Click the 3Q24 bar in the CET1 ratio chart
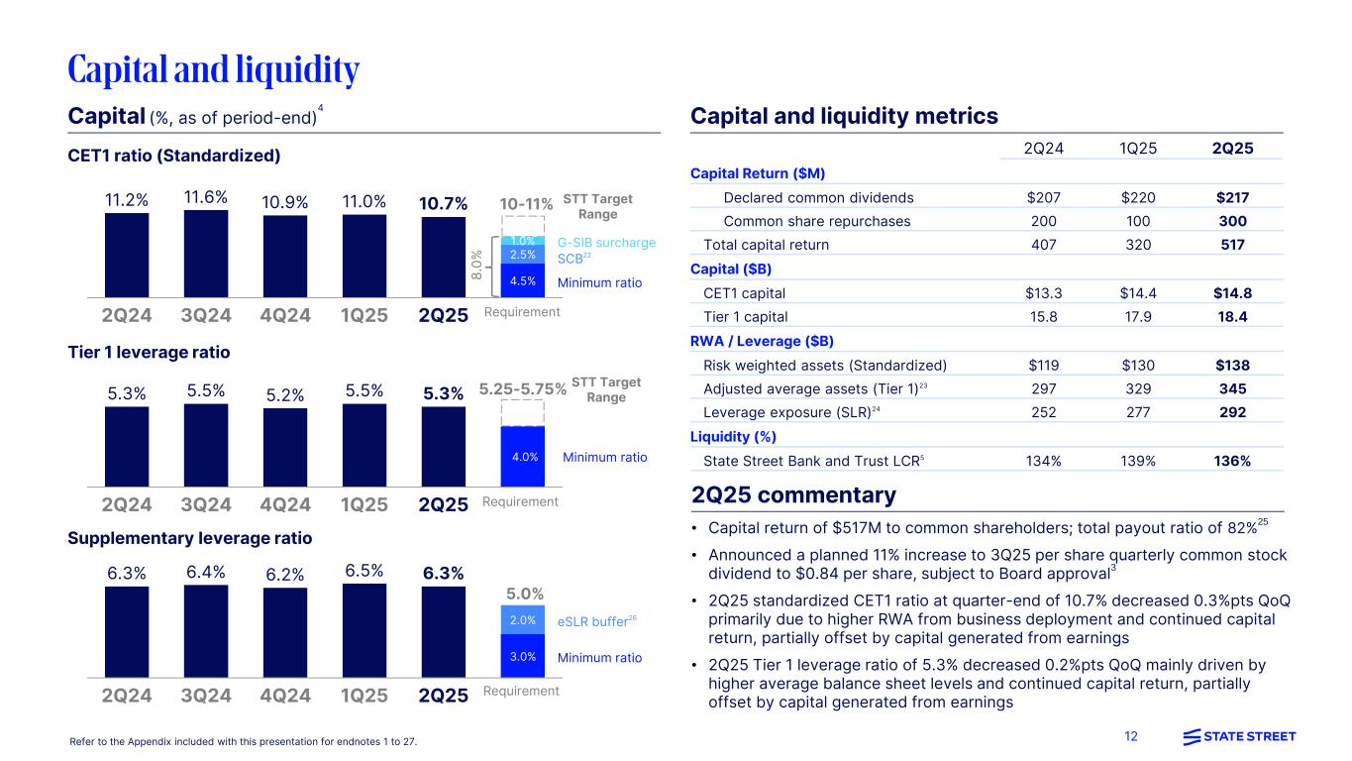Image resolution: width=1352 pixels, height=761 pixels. click(205, 253)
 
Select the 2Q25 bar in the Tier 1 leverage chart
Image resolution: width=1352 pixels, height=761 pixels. click(443, 446)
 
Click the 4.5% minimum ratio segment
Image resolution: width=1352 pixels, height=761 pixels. click(524, 280)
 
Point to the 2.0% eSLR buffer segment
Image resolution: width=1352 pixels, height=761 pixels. click(524, 620)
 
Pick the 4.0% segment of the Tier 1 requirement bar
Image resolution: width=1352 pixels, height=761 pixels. click(524, 457)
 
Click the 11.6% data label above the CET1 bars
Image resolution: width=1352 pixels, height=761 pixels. click(205, 198)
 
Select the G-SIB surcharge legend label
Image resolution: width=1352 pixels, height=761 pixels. click(606, 242)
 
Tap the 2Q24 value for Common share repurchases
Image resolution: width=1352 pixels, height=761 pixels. click(1044, 221)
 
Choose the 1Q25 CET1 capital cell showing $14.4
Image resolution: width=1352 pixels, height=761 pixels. click(1137, 292)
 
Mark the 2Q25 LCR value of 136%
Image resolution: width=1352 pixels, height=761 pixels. click(1232, 461)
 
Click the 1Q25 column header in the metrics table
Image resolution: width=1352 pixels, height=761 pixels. click(1137, 149)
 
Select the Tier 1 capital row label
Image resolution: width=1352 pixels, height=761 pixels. click(745, 317)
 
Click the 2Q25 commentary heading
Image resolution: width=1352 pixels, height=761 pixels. click(793, 495)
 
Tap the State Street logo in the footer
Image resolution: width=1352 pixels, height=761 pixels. click(1239, 736)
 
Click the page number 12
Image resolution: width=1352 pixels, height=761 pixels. click(1131, 736)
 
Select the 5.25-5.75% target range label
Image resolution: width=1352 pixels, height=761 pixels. click(522, 389)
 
